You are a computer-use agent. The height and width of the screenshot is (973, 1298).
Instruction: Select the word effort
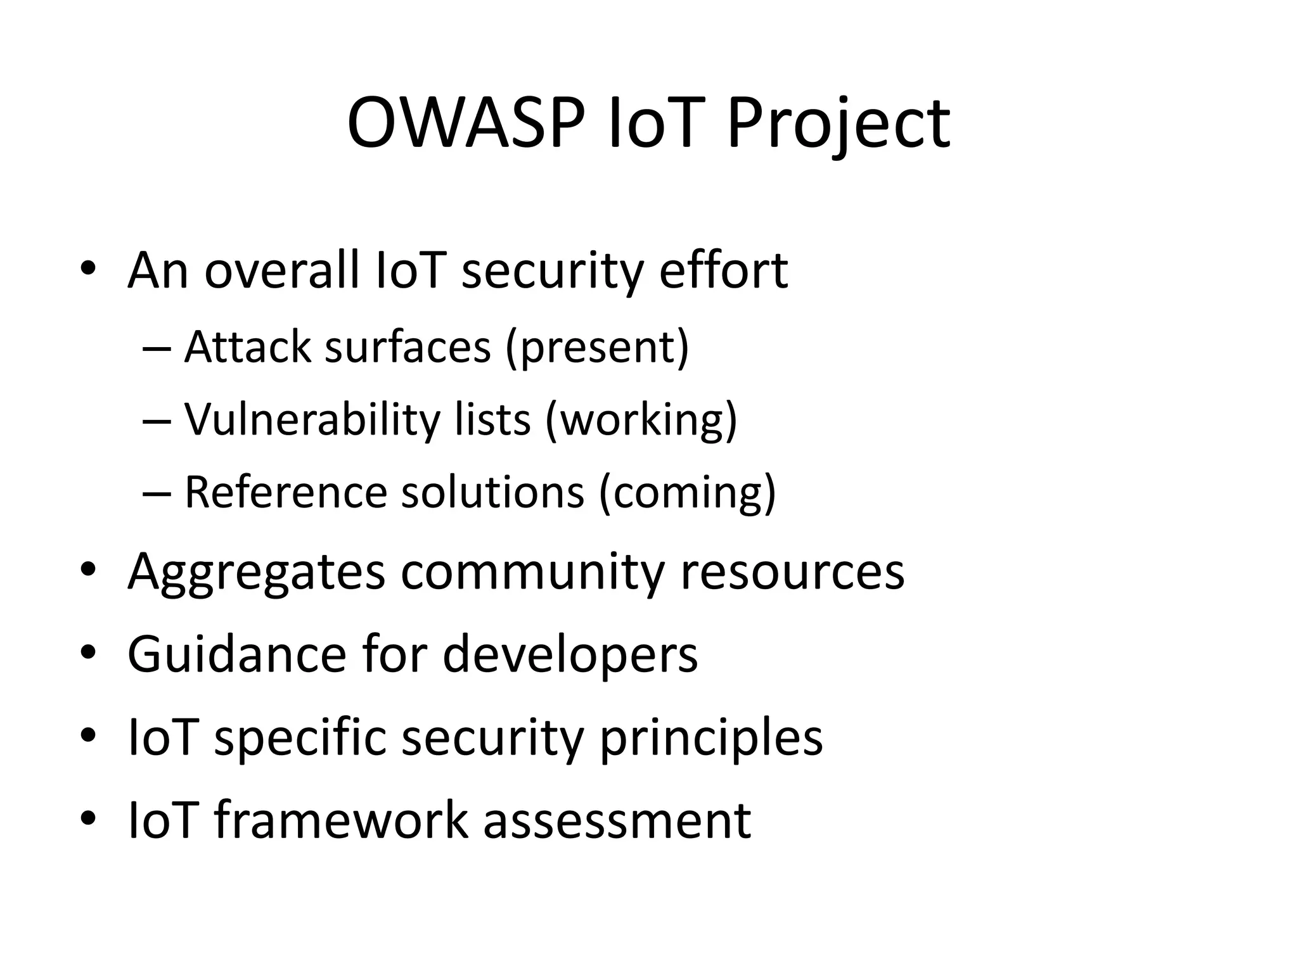coord(723,270)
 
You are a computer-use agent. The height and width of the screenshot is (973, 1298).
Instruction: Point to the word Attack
coord(248,347)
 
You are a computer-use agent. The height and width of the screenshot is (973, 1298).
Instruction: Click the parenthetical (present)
coord(596,347)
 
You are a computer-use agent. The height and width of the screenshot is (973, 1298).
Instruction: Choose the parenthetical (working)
coord(641,419)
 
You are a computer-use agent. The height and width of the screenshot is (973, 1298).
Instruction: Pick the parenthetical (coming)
coord(687,492)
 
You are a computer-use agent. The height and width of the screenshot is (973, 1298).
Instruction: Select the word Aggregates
coord(256,572)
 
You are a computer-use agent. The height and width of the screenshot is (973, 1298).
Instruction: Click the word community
coord(534,572)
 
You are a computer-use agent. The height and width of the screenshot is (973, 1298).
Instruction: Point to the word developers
coord(570,654)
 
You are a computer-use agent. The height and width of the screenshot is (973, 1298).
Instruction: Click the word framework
coord(341,820)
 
